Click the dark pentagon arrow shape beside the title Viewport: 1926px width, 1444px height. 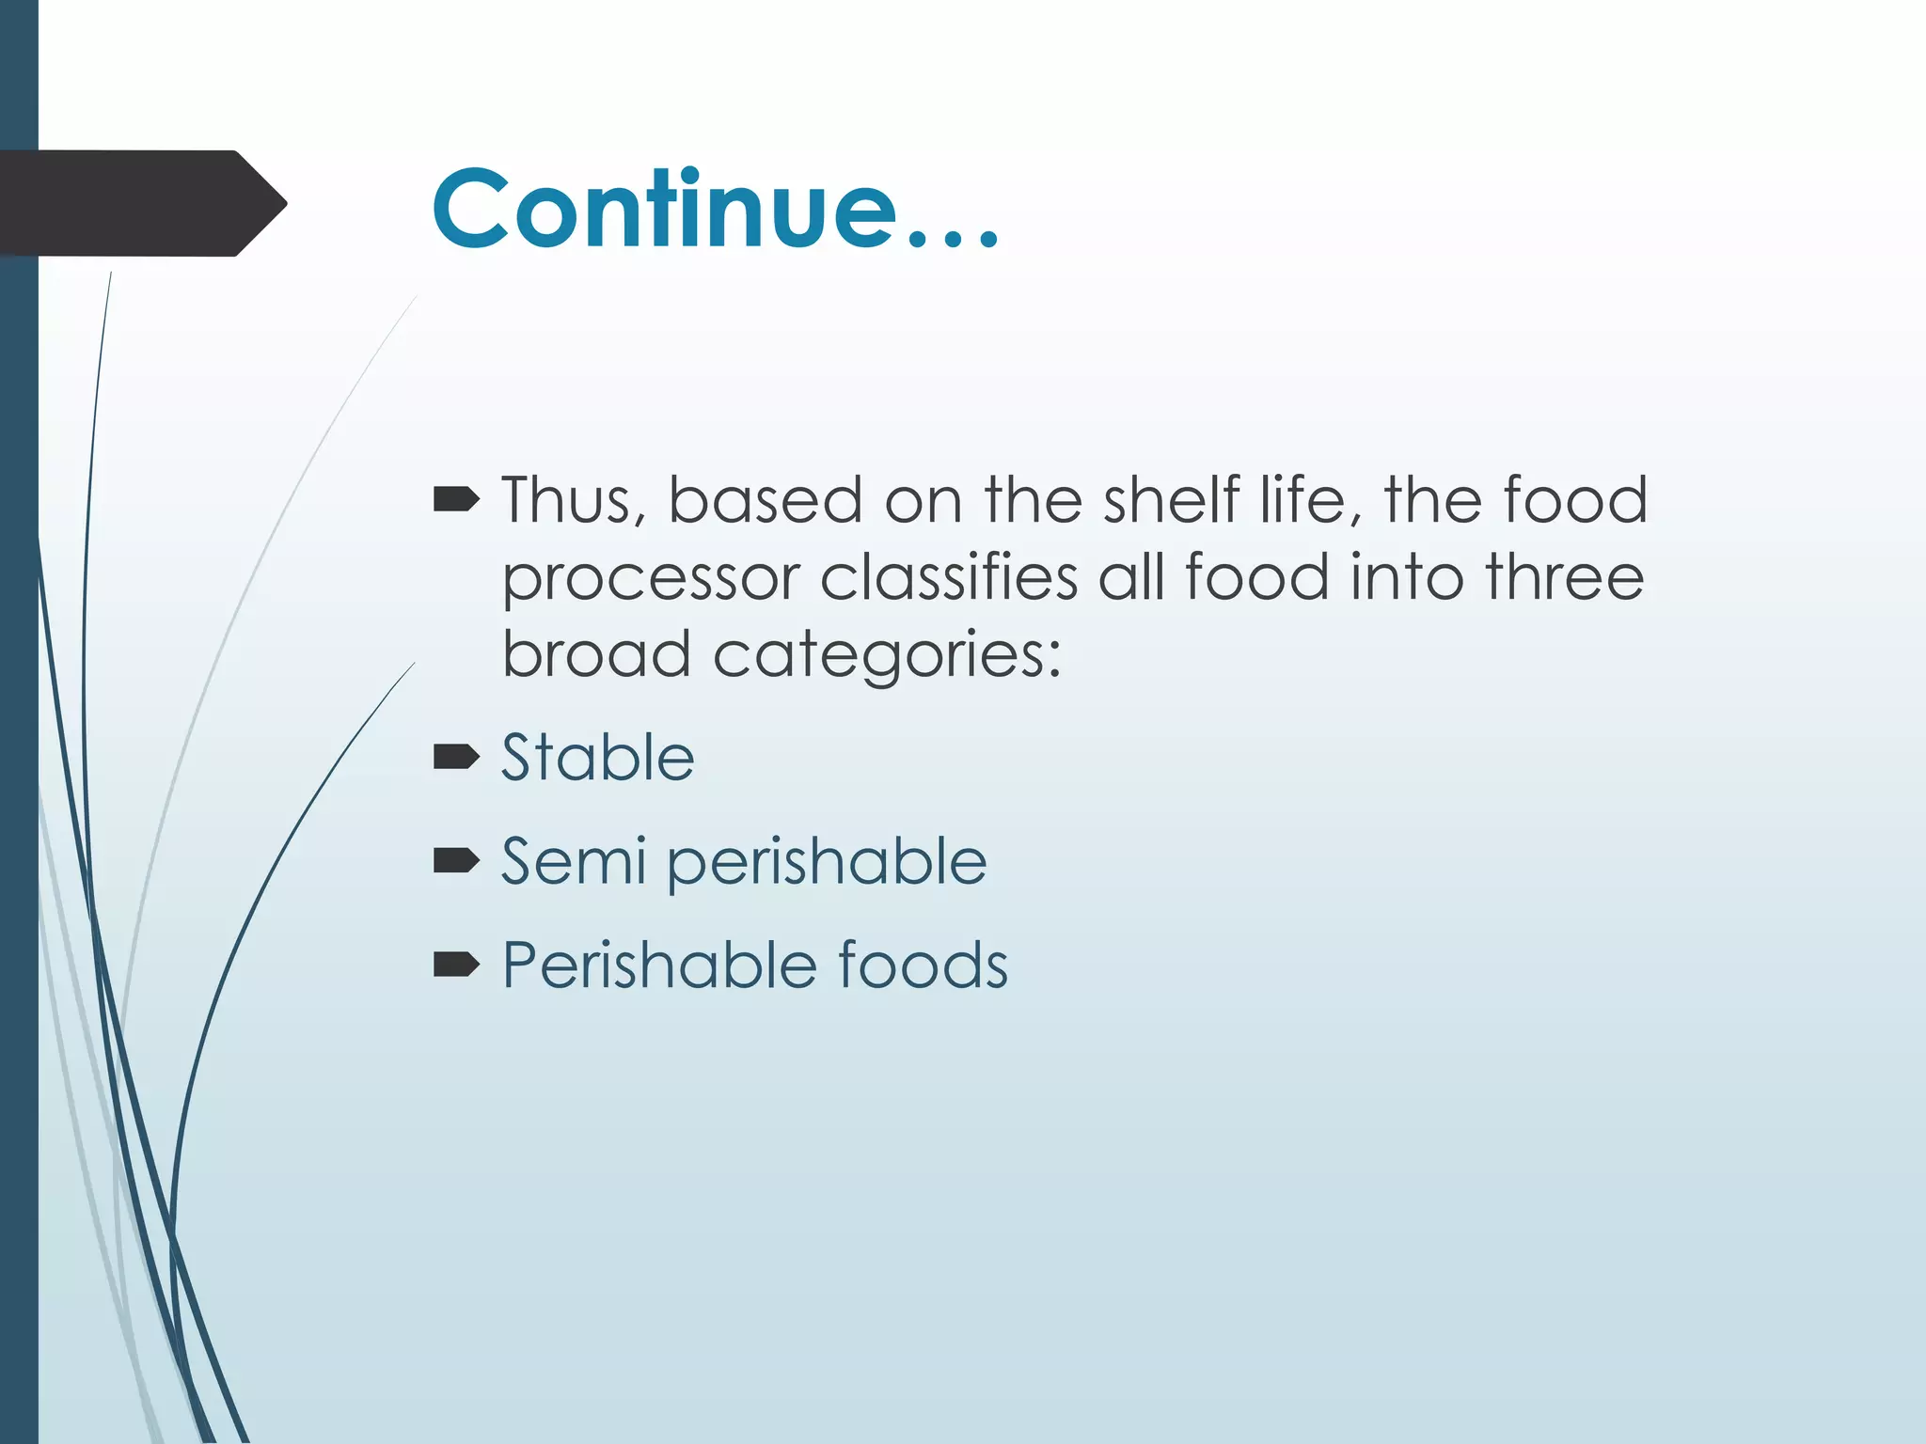click(x=141, y=203)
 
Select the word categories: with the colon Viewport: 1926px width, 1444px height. click(x=887, y=656)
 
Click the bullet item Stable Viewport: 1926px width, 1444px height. click(x=597, y=757)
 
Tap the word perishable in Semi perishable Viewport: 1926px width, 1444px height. click(x=828, y=863)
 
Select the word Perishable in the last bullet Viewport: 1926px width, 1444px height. click(x=658, y=965)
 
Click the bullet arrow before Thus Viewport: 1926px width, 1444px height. click(x=456, y=500)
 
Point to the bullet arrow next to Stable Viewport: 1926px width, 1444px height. click(x=456, y=757)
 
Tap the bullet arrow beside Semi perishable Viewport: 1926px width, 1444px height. click(x=456, y=860)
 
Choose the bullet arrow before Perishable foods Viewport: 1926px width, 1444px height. click(x=456, y=965)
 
